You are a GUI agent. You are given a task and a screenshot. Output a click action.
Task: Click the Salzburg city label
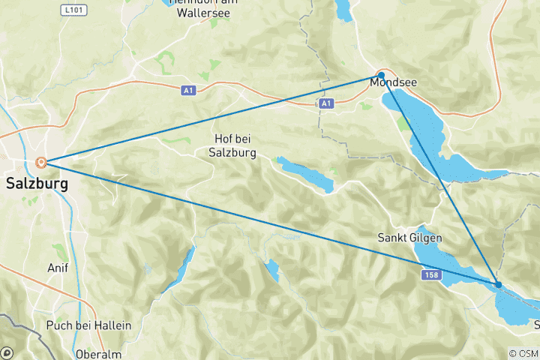pos(37,183)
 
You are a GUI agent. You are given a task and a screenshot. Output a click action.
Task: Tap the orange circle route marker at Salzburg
pos(41,162)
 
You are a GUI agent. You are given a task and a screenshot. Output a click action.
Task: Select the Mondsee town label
pos(394,83)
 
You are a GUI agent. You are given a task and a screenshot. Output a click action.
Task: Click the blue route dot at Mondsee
pos(381,75)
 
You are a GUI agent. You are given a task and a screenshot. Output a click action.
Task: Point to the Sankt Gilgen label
pos(409,238)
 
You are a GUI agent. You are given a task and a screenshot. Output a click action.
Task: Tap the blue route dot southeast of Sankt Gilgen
pos(498,284)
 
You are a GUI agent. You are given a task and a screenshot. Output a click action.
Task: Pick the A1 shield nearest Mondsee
pos(325,103)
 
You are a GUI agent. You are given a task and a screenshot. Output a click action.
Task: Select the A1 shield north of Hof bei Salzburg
pos(188,90)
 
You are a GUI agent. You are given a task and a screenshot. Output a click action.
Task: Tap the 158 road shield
pos(429,276)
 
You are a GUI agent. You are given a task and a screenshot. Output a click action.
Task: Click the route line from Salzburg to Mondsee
pos(210,118)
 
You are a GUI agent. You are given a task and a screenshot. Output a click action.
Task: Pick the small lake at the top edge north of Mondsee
pos(343,9)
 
